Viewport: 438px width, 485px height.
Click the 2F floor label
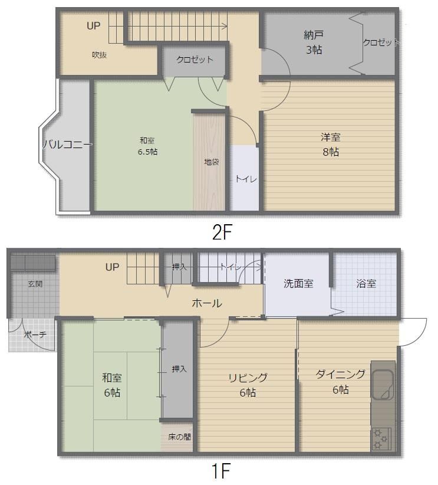(x=222, y=232)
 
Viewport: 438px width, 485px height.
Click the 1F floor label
(x=221, y=471)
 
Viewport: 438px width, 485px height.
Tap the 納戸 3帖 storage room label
(x=314, y=42)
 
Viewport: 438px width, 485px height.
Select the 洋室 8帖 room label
(x=331, y=145)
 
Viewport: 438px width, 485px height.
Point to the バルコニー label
(x=67, y=144)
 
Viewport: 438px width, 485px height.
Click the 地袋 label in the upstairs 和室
(x=212, y=162)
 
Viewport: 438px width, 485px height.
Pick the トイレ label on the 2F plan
(x=246, y=179)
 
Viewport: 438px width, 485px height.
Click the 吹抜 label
(x=100, y=55)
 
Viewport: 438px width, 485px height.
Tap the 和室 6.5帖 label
(x=147, y=146)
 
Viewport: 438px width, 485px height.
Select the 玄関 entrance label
(x=35, y=284)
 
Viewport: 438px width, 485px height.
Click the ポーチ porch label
(x=35, y=335)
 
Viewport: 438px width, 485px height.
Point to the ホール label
(x=207, y=303)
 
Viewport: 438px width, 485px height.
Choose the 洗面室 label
(x=298, y=283)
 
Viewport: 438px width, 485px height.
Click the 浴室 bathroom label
(x=366, y=283)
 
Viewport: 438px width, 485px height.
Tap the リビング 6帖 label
(x=248, y=385)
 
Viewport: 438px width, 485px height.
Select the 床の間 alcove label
(x=179, y=437)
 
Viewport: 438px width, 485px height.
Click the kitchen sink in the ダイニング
(x=383, y=385)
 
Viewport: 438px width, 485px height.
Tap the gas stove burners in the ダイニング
(x=381, y=438)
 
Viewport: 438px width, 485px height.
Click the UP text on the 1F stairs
(x=112, y=267)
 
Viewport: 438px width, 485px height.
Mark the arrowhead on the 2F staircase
(x=225, y=27)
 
